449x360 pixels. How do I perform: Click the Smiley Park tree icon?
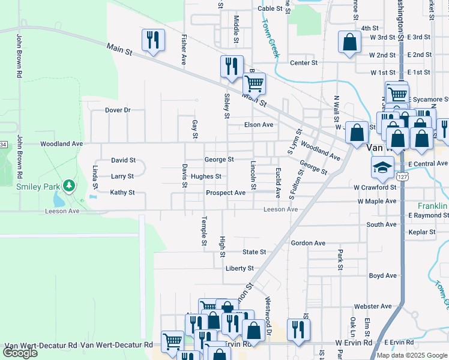click(70, 185)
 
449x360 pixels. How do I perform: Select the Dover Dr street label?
click(118, 110)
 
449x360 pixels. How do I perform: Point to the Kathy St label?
click(122, 193)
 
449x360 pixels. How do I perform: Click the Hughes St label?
click(206, 176)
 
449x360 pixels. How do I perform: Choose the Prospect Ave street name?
click(226, 193)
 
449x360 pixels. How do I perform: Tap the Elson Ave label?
click(259, 125)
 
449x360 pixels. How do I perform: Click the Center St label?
click(303, 63)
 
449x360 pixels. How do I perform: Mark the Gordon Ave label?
click(308, 243)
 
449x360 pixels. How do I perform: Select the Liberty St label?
click(240, 268)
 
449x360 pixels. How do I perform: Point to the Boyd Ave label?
click(383, 276)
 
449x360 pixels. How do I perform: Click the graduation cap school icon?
click(381, 169)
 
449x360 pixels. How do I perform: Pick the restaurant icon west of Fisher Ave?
click(152, 40)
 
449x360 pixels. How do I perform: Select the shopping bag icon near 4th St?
click(349, 43)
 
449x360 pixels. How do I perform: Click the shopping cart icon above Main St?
click(254, 83)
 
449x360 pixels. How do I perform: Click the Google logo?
click(20, 353)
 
